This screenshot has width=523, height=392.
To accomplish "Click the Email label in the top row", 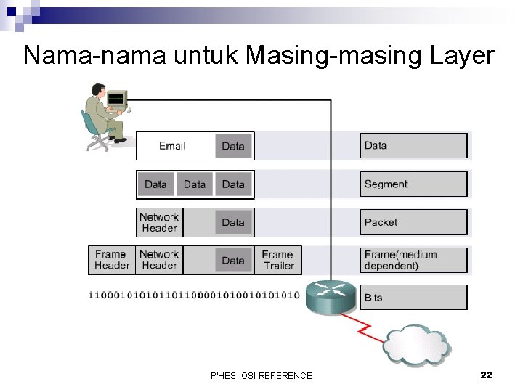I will (172, 146).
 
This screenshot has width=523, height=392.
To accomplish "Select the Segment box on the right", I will (413, 184).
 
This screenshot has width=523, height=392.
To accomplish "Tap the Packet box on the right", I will (413, 222).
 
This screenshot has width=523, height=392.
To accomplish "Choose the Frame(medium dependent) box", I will (413, 260).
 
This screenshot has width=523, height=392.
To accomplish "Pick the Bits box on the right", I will (413, 298).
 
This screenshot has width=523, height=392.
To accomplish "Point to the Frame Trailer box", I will (277, 260).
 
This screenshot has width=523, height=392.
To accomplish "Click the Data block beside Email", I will (233, 146).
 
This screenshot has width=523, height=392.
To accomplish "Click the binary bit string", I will (193, 295).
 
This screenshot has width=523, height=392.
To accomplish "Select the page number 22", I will (486, 375).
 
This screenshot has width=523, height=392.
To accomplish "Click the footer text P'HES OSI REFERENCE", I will (261, 375).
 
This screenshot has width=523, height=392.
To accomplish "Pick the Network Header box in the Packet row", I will (159, 222).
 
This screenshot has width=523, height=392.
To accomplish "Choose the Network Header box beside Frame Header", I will (159, 260).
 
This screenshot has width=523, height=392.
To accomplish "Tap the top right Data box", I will (413, 146).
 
